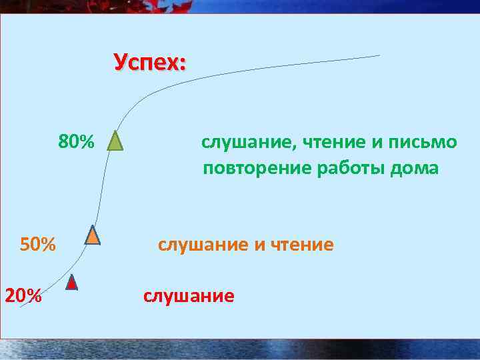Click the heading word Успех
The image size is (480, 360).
(149, 63)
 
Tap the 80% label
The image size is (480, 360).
(77, 142)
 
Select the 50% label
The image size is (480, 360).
(38, 245)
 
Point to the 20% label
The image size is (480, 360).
(23, 295)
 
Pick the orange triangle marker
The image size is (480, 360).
(93, 235)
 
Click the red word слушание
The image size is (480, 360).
(189, 295)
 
